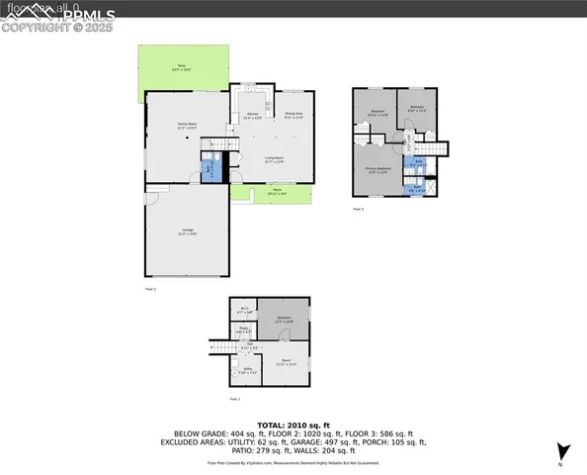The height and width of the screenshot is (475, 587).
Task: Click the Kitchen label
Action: coord(252,116)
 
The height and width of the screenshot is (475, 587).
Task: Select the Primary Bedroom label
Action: coord(379,169)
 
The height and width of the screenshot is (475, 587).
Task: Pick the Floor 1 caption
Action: coord(235,398)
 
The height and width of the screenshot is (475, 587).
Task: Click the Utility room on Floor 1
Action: coord(245,371)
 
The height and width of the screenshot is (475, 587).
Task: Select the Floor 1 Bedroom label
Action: coord(285,319)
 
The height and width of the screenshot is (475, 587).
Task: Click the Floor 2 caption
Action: coord(150,288)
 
